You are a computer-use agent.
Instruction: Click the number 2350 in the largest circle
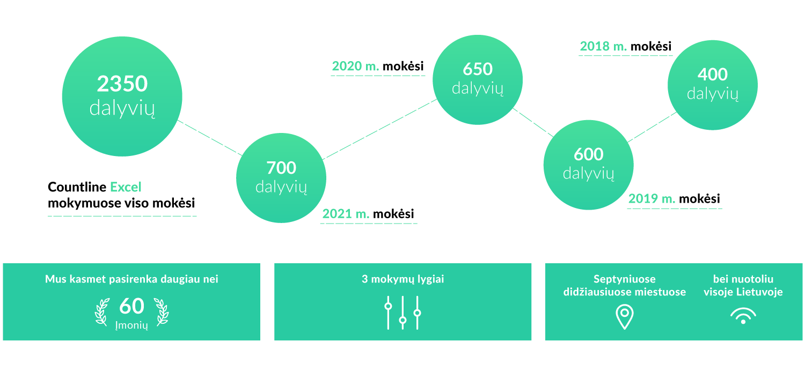click(x=122, y=84)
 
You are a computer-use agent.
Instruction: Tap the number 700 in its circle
click(x=281, y=168)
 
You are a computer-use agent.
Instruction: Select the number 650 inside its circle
click(x=478, y=69)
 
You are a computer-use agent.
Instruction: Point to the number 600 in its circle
click(x=588, y=154)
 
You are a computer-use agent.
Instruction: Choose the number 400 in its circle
click(x=713, y=75)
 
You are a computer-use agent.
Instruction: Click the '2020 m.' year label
click(x=355, y=66)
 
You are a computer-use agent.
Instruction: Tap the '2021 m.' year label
click(x=346, y=214)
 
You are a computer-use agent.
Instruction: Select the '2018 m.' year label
click(x=603, y=46)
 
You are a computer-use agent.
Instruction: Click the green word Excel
click(x=126, y=187)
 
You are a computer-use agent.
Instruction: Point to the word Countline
click(x=77, y=187)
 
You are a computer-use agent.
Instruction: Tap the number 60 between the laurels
click(x=131, y=306)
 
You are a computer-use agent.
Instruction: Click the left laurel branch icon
click(x=102, y=311)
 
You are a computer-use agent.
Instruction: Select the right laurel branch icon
click(x=162, y=311)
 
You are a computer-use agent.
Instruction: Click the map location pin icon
click(x=625, y=316)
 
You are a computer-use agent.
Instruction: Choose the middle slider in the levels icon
click(x=403, y=313)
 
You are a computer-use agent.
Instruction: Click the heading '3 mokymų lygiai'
click(x=403, y=279)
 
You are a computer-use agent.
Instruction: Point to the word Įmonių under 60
click(x=131, y=325)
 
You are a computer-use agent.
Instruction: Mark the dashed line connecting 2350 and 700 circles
click(x=210, y=138)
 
